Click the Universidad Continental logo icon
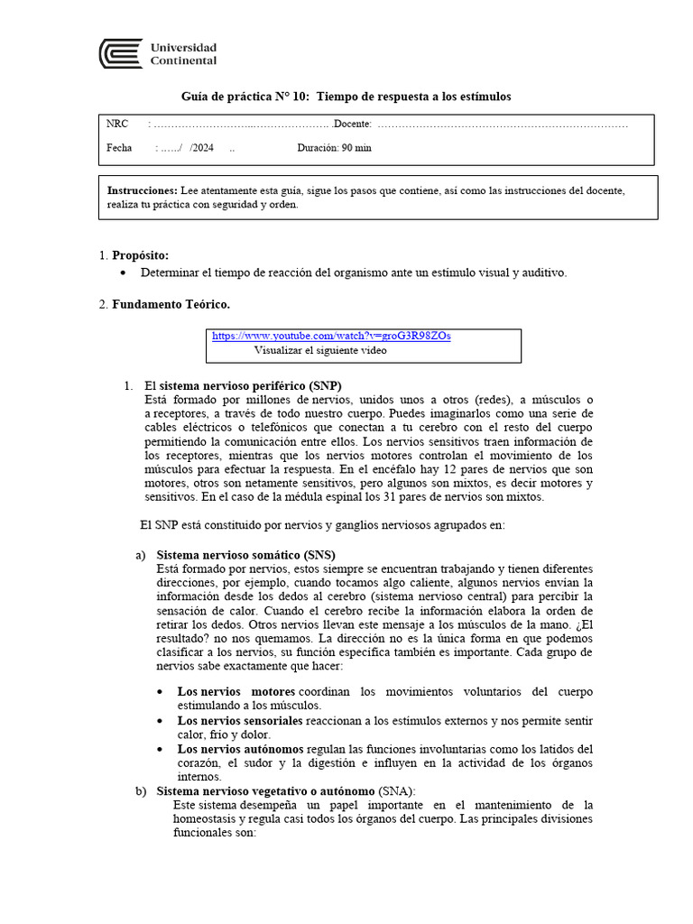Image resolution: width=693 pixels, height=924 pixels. (x=120, y=53)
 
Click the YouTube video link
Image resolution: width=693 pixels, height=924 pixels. (x=331, y=336)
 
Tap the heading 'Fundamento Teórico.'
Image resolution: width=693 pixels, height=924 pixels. (x=171, y=305)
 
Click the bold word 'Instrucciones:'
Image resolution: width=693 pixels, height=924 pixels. (x=142, y=191)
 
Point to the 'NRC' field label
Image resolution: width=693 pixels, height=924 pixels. (x=117, y=124)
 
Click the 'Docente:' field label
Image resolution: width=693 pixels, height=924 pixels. (x=352, y=124)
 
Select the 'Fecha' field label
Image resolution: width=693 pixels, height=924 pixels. (x=119, y=148)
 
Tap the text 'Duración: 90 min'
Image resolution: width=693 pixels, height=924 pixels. (x=333, y=148)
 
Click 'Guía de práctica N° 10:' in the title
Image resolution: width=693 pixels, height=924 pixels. (x=245, y=97)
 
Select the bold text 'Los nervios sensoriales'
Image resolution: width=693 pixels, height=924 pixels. (x=240, y=721)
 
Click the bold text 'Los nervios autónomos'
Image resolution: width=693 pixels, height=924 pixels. (x=241, y=749)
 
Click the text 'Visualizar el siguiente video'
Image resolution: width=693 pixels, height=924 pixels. (x=320, y=350)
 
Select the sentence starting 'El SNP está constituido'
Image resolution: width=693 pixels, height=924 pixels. (x=322, y=524)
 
